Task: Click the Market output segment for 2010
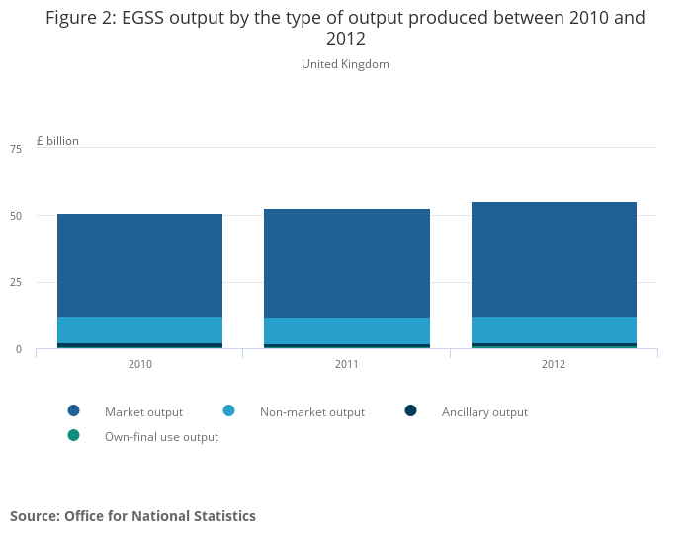pyautogui.click(x=139, y=265)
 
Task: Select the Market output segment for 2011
pyautogui.click(x=346, y=263)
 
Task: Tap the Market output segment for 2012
pyautogui.click(x=554, y=259)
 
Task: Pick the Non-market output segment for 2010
pyautogui.click(x=139, y=330)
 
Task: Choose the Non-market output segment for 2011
pyautogui.click(x=346, y=331)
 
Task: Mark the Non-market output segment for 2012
pyautogui.click(x=554, y=330)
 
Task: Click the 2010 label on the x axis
pyautogui.click(x=139, y=364)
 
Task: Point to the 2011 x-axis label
pyautogui.click(x=346, y=364)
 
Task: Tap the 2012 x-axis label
pyautogui.click(x=554, y=364)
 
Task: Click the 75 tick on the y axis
pyautogui.click(x=15, y=149)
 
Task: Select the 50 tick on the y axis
pyautogui.click(x=15, y=216)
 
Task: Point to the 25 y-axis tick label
pyautogui.click(x=15, y=283)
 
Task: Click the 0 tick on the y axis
pyautogui.click(x=18, y=349)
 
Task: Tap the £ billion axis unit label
pyautogui.click(x=57, y=141)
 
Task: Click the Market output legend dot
pyautogui.click(x=73, y=411)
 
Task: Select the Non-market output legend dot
pyautogui.click(x=228, y=411)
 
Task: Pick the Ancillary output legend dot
pyautogui.click(x=410, y=411)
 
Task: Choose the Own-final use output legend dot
pyautogui.click(x=73, y=436)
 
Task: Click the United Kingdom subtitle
pyautogui.click(x=345, y=64)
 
